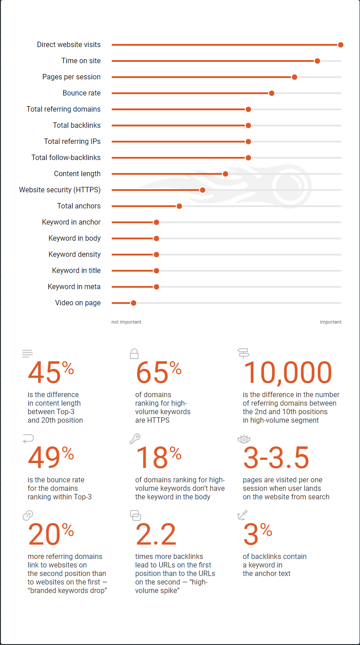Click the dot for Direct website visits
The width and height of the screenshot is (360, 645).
click(341, 45)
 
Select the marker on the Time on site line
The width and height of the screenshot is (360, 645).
click(317, 61)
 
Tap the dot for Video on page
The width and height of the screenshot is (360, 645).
click(133, 303)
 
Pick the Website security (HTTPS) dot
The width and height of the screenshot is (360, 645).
click(203, 190)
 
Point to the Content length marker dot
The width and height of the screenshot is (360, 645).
click(226, 174)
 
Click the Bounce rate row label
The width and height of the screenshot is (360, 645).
click(82, 93)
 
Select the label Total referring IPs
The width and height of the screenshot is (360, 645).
click(72, 142)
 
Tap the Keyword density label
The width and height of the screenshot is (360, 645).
click(74, 255)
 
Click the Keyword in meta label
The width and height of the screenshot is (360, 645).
click(74, 287)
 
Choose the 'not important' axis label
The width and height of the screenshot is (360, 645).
click(126, 322)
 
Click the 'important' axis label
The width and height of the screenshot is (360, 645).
click(330, 322)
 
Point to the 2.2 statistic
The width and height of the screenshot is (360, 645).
click(156, 534)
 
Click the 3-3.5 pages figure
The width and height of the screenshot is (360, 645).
click(276, 458)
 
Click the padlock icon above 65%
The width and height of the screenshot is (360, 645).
click(134, 354)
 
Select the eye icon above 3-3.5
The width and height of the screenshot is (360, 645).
click(243, 439)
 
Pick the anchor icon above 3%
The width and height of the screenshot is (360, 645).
click(242, 515)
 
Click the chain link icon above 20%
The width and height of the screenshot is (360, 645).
click(28, 515)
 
